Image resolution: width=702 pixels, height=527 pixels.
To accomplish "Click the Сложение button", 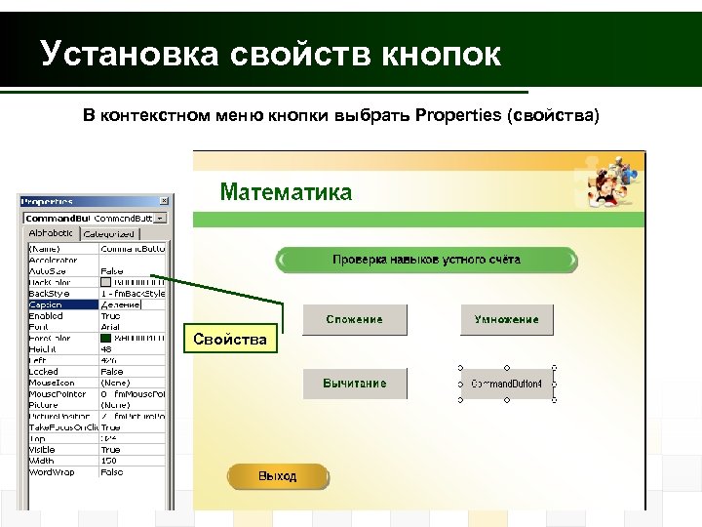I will coord(354,319).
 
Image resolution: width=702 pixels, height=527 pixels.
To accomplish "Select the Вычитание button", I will coord(354,384).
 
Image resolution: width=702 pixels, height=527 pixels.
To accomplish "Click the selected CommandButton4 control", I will coord(506,384).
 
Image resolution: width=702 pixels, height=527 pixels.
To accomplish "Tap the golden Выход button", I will coord(277,476).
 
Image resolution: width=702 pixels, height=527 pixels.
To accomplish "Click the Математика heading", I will coord(286,191).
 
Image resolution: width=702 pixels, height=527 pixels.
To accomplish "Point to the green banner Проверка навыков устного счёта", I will coord(426,260).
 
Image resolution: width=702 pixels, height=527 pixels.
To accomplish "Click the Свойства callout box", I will coord(231,339).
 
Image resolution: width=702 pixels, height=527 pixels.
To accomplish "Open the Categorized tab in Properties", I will coord(110,234).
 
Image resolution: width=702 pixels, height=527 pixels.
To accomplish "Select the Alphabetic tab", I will coord(51,234).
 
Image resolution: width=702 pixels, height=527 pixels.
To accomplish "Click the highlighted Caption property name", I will coord(46,304).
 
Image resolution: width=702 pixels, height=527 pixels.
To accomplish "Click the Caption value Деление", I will coord(122,304).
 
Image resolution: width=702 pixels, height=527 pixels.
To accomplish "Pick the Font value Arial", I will coord(111,327).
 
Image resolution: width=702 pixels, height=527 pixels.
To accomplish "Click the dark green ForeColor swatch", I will coord(105,338).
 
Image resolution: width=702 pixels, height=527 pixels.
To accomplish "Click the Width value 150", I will coord(109,461).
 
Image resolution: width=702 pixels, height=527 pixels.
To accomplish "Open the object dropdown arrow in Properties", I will coord(160,218).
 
